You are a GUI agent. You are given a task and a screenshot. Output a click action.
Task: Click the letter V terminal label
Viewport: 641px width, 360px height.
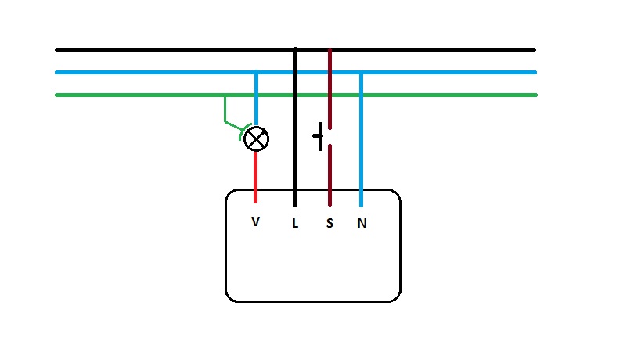click(255, 221)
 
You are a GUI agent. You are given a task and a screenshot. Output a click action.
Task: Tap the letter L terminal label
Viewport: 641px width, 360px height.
click(295, 224)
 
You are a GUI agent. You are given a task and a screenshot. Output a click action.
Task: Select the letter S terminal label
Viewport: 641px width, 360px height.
click(330, 223)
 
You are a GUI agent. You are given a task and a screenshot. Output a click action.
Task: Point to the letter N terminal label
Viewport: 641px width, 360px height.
click(362, 223)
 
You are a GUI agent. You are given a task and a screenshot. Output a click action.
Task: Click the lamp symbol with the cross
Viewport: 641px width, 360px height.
click(256, 139)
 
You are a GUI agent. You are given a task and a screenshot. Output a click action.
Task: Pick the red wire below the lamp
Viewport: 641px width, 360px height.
click(255, 177)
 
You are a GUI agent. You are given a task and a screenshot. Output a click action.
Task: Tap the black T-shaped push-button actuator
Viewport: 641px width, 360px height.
click(319, 136)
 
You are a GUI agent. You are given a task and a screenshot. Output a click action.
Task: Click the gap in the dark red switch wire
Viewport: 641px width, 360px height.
click(330, 137)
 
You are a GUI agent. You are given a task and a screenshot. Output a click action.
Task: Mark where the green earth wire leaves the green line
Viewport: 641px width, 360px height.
click(225, 95)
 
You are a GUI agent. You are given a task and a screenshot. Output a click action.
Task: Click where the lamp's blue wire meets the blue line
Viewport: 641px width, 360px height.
click(256, 72)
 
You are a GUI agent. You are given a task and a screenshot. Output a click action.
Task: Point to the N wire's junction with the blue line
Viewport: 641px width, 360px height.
click(361, 73)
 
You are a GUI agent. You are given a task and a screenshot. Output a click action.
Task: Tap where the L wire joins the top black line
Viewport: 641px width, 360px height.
click(296, 49)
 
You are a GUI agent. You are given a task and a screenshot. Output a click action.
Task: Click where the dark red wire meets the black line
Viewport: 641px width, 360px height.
click(330, 50)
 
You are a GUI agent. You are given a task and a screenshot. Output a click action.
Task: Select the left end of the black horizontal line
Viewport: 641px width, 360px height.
click(56, 50)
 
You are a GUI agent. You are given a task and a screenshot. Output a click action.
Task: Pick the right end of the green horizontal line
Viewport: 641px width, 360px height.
click(535, 95)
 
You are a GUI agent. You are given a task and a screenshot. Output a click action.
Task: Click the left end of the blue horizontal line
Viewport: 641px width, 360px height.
click(56, 72)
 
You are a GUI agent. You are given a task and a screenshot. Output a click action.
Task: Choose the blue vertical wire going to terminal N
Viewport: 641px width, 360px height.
click(361, 140)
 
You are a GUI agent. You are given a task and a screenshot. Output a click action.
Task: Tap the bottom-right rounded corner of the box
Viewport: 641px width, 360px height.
click(396, 297)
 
